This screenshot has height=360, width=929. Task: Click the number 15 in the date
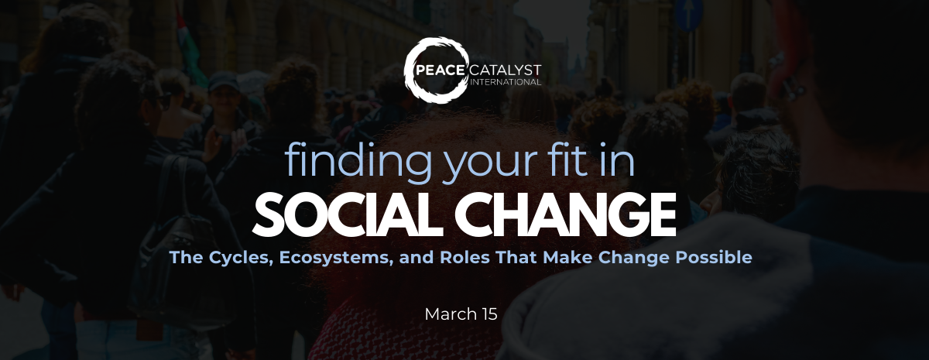[x=488, y=314]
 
